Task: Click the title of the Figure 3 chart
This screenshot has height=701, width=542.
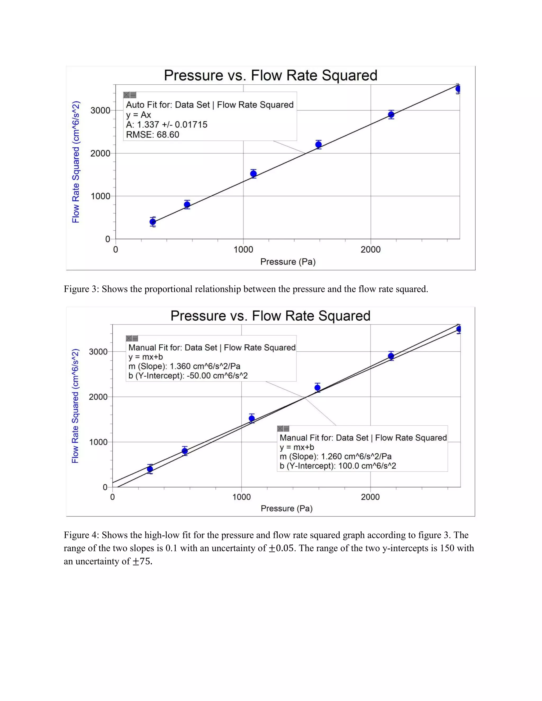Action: click(270, 75)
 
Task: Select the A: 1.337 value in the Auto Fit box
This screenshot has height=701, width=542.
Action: click(167, 125)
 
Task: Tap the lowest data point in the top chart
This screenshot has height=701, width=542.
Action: click(153, 222)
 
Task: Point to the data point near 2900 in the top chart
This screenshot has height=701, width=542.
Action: click(391, 115)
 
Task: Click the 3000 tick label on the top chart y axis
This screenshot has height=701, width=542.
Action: click(100, 110)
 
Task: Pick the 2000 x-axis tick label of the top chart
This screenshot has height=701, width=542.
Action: click(371, 250)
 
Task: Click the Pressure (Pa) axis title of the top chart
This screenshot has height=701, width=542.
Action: click(288, 262)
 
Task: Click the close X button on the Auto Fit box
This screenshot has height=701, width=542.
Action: click(127, 95)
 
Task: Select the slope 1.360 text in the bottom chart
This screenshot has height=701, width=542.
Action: click(184, 366)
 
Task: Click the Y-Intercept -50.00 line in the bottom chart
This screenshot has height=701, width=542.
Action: click(188, 376)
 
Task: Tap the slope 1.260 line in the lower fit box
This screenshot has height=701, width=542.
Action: click(336, 456)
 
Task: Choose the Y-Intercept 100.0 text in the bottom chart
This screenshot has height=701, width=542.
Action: click(338, 466)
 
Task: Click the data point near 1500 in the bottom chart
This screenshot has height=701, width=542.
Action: click(252, 418)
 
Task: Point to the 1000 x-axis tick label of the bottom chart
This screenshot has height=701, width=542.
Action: click(241, 497)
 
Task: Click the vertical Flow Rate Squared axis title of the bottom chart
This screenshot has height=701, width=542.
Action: click(75, 406)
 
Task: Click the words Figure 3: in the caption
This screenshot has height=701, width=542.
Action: click(82, 289)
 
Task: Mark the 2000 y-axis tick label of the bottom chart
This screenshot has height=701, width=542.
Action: click(98, 397)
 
